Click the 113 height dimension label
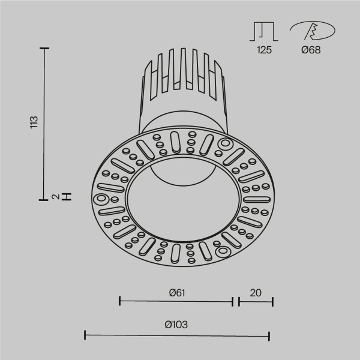(34, 122)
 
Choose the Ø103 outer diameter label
(176, 325)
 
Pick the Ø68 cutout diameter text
(310, 50)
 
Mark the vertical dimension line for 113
(44, 123)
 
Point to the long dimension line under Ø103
(176, 334)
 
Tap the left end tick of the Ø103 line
(85, 334)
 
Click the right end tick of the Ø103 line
(269, 334)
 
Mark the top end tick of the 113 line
(44, 48)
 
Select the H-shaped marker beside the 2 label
(68, 196)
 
